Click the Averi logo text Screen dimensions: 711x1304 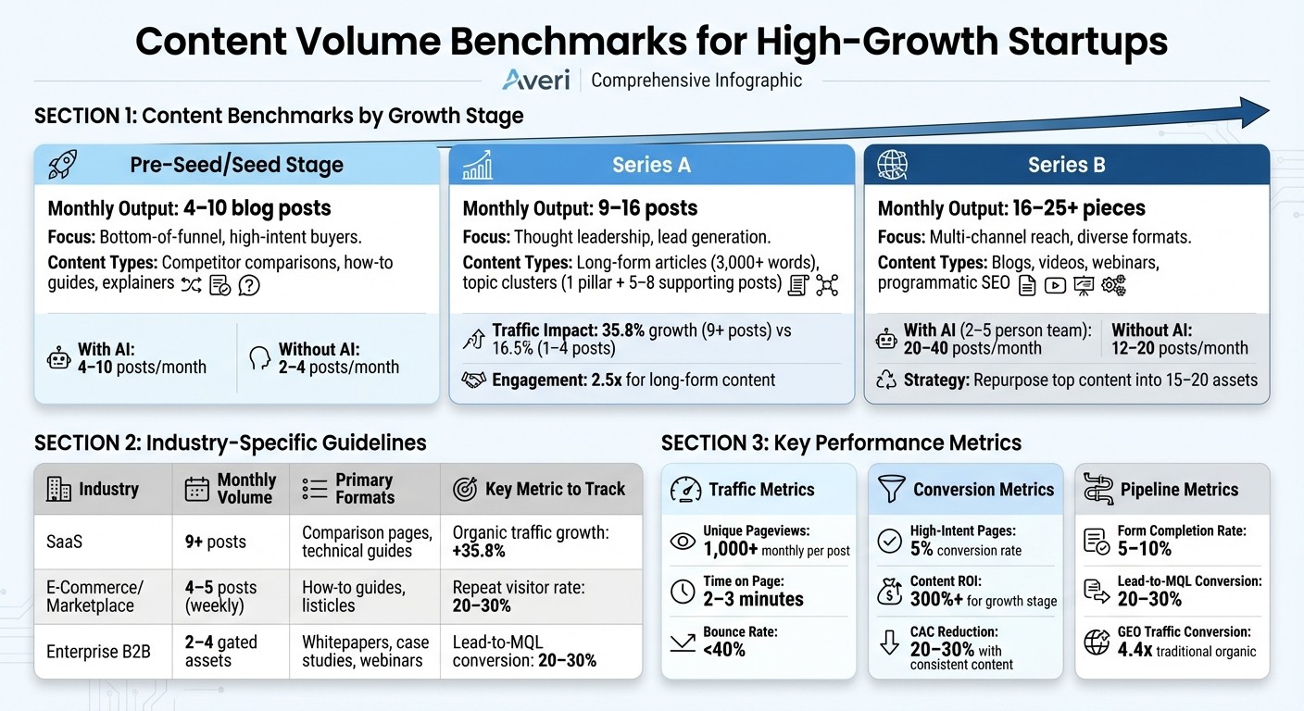(536, 80)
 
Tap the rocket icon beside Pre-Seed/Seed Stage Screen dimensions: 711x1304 (63, 165)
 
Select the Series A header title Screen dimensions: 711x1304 (650, 165)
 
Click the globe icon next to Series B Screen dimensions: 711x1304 (893, 165)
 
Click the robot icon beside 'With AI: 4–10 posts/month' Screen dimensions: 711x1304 (58, 359)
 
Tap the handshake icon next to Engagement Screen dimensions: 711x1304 (474, 380)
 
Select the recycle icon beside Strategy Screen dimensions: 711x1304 (887, 380)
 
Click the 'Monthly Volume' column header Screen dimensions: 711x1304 (246, 489)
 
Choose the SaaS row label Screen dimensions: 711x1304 (65, 541)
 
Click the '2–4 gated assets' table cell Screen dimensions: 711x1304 (220, 651)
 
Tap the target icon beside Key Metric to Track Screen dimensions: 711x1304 (465, 489)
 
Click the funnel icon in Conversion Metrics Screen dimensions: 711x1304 (891, 489)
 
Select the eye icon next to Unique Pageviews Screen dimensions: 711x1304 (683, 541)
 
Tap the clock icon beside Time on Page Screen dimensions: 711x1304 (683, 591)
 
